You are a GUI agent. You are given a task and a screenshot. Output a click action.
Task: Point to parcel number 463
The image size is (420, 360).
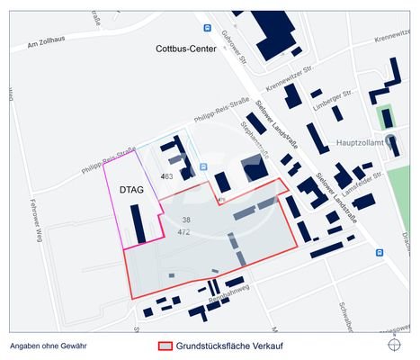click(x=166, y=176)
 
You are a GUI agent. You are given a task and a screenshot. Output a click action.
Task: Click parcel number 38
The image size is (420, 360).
click(x=186, y=220)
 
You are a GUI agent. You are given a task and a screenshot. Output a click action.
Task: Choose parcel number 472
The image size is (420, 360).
click(x=184, y=232)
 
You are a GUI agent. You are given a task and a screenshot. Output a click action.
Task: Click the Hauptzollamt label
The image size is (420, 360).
click(x=358, y=143)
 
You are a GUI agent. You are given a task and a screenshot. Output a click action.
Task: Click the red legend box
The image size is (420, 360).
click(x=165, y=346)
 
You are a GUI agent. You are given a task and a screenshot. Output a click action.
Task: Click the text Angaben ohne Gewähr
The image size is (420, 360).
click(x=49, y=346)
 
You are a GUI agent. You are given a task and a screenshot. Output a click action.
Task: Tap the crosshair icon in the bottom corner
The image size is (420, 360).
click(x=395, y=345)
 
